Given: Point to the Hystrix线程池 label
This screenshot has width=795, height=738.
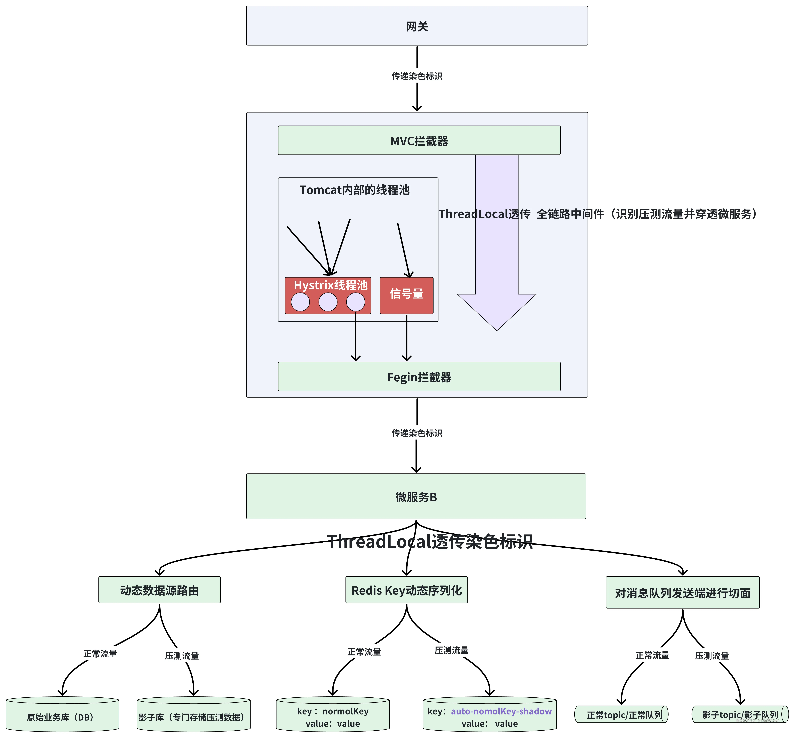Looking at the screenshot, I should click(x=330, y=285).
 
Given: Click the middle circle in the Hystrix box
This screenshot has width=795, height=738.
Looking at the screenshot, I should click(x=328, y=302).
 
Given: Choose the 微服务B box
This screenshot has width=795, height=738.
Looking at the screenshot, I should click(x=416, y=496).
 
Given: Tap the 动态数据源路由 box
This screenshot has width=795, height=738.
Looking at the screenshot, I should click(x=159, y=590).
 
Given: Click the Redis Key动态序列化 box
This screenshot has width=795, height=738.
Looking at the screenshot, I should click(x=406, y=590).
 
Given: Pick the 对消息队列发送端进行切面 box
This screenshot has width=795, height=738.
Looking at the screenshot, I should click(x=682, y=593).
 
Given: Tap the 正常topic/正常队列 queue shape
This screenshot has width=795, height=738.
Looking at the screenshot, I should click(x=621, y=714).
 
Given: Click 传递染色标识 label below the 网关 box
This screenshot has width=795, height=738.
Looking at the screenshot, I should click(x=417, y=76).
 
